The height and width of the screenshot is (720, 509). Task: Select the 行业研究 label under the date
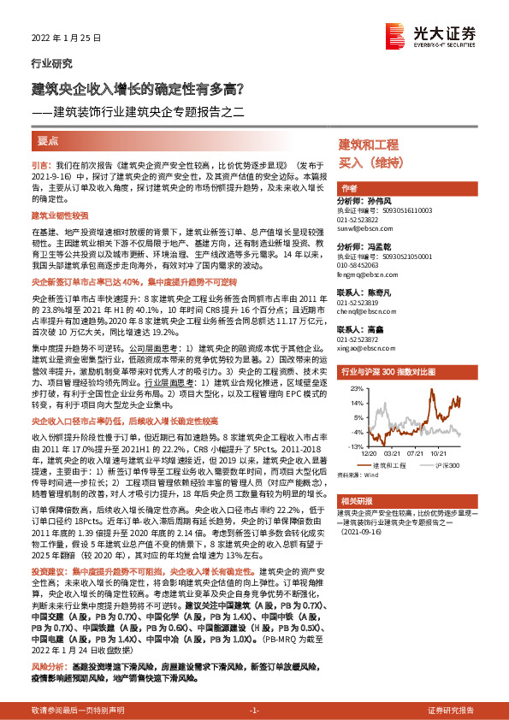click(x=51, y=62)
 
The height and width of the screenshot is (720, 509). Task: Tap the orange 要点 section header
click(x=48, y=140)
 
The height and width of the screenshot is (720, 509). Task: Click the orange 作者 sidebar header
click(x=349, y=187)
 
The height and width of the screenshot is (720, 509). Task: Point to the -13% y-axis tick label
click(x=351, y=446)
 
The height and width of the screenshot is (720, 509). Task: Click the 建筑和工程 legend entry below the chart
click(x=389, y=465)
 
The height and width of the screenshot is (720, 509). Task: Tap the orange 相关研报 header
click(x=357, y=500)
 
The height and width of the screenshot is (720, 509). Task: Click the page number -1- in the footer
click(x=253, y=710)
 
